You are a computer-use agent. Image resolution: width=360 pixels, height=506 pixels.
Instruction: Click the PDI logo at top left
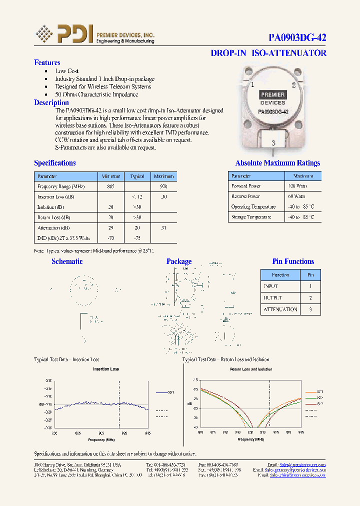[64, 34]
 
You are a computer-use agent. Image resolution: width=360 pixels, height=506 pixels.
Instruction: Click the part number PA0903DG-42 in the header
[297, 37]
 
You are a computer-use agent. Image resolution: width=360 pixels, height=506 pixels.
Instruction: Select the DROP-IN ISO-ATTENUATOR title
[268, 53]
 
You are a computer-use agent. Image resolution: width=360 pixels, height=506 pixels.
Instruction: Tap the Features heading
[47, 62]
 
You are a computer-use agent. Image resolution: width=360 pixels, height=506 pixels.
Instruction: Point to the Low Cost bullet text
[67, 71]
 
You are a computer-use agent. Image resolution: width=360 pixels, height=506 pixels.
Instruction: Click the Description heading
[51, 102]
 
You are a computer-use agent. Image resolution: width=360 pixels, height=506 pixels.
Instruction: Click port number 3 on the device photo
[273, 143]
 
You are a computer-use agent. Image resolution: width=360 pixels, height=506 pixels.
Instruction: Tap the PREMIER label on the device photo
[272, 94]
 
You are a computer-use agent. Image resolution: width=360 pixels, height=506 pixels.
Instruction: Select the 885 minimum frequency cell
[110, 186]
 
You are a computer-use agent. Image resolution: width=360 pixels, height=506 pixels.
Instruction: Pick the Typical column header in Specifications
[137, 176]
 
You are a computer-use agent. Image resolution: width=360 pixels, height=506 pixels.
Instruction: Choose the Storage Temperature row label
[251, 217]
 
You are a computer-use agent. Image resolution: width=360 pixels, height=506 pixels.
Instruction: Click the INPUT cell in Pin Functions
[270, 286]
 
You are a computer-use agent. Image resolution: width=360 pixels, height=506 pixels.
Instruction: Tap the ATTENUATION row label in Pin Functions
[280, 309]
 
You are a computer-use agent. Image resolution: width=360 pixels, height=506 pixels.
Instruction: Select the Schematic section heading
[67, 261]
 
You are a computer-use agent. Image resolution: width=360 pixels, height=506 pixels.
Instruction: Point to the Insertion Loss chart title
[105, 369]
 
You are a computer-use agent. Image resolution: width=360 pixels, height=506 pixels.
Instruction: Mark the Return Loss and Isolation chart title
[251, 369]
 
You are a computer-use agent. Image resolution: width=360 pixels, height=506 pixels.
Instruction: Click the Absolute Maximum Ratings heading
[277, 163]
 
